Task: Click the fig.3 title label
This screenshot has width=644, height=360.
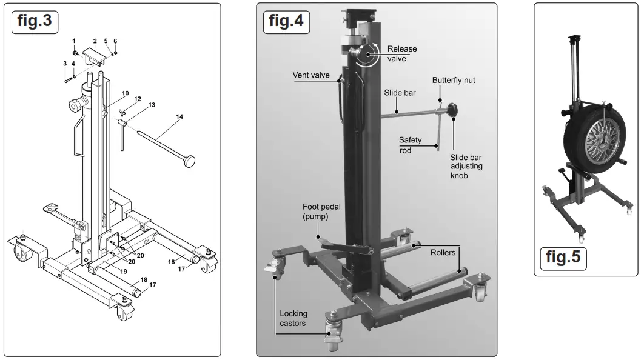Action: point(35,21)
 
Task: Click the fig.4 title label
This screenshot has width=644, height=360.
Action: point(286,21)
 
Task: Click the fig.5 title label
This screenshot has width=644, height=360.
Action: point(563,256)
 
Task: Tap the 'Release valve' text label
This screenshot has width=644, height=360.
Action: point(401,54)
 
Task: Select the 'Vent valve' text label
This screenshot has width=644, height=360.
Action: point(311,76)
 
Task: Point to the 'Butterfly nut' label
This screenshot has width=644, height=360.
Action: point(453,80)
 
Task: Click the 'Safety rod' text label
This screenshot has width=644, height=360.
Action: point(410,145)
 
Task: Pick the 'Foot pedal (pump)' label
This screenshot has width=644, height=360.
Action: point(321,212)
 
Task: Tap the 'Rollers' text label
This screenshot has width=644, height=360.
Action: point(443,252)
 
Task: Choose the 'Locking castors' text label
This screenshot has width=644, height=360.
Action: point(293,318)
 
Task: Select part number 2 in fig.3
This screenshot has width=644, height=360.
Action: point(95,41)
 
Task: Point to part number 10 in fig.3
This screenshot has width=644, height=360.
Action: point(126,93)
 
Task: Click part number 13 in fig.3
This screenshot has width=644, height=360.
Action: point(151,105)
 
